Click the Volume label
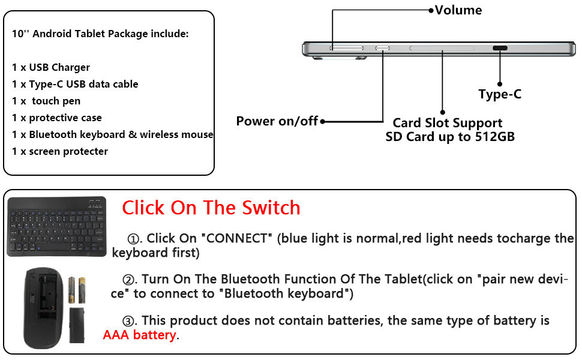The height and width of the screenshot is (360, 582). [x=458, y=10]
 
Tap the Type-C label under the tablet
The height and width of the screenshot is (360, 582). [x=500, y=94]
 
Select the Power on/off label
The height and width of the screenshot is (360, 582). [x=277, y=121]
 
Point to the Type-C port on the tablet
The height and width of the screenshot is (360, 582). [x=500, y=49]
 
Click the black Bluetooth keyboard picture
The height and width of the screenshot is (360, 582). [x=56, y=226]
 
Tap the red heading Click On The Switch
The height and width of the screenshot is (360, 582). [x=211, y=208]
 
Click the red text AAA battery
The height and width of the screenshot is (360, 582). [x=140, y=335]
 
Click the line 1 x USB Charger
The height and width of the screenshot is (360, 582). [x=51, y=67]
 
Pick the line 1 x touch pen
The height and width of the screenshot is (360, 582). [x=46, y=101]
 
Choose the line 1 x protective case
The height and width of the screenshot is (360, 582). [x=57, y=118]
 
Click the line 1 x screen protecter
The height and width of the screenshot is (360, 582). [x=60, y=151]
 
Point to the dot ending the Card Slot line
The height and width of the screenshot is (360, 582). [x=443, y=112]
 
